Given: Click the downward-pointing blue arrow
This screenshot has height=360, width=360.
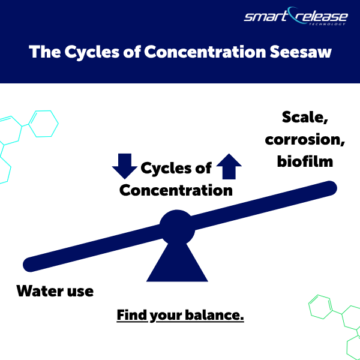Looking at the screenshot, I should [x=125, y=166].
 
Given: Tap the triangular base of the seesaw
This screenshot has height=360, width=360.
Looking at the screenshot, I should [x=177, y=261].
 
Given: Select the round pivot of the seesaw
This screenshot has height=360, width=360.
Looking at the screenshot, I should [x=177, y=227].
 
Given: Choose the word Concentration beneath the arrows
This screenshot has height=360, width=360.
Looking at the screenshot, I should [x=176, y=190].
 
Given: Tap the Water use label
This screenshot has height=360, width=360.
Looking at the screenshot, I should [x=55, y=292].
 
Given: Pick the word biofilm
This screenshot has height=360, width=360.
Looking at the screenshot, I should [x=296, y=161].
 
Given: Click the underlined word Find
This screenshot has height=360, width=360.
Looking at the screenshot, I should [x=131, y=315].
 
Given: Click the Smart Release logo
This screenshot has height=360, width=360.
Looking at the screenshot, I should [x=295, y=16].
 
